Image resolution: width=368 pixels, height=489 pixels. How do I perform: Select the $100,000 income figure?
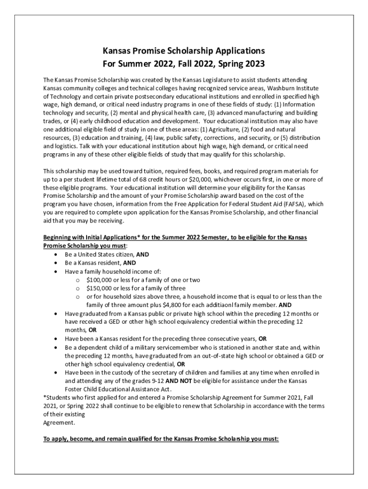[x=99, y=280]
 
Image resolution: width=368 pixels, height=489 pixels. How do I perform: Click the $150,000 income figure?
[x=99, y=288]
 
